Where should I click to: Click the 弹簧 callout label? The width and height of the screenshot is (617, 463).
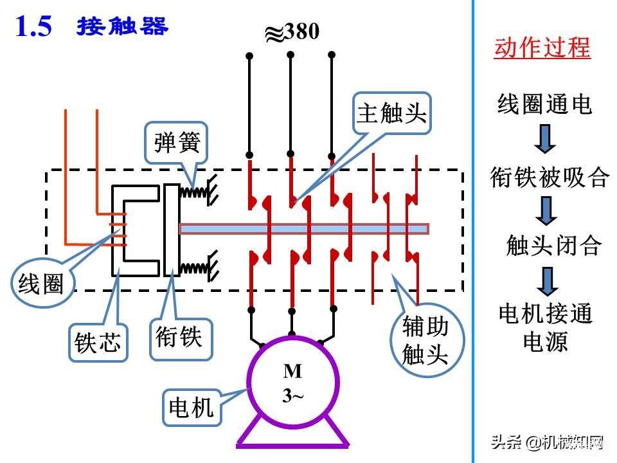176,143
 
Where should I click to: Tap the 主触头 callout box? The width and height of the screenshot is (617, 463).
392,113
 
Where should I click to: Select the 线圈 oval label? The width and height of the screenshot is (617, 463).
41,282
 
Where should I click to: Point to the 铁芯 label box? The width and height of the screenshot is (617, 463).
98,342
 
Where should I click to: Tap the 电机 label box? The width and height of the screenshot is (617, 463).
192,407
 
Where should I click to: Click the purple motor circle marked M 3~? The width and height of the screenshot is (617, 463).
292,381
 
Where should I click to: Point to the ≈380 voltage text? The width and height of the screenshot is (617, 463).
292,32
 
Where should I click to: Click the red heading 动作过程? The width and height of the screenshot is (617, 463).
542,48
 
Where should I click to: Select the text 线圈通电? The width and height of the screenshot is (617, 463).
544,104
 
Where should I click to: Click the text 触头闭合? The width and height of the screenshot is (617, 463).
554,245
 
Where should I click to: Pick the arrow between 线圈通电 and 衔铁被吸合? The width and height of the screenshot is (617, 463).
545,139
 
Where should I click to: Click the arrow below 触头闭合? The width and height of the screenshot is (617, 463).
548,282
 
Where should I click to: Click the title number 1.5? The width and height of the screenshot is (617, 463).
33,27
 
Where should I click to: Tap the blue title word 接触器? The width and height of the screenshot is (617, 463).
122,26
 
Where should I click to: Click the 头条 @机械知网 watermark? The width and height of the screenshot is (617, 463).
548,442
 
